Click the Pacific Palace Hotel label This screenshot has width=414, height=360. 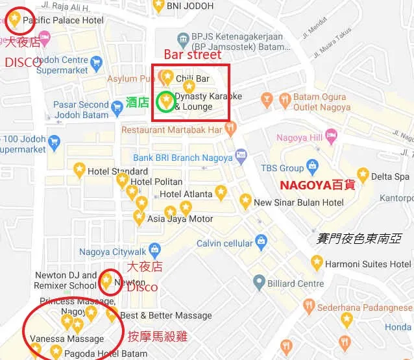pyautogui.click(x=63, y=21)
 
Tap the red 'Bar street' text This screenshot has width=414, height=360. pyautogui.click(x=192, y=54)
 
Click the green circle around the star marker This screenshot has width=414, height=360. pyautogui.click(x=167, y=101)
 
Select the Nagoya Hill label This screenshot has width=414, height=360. pyautogui.click(x=299, y=138)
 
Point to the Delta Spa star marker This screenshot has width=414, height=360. pyautogui.click(x=363, y=175)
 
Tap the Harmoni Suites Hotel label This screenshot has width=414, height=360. pyautogui.click(x=369, y=264)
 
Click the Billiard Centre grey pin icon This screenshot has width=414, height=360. pyautogui.click(x=258, y=283)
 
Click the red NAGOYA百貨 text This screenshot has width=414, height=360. pyautogui.click(x=317, y=185)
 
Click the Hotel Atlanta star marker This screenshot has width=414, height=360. pyautogui.click(x=221, y=192)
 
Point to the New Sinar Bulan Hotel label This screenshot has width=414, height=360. pyautogui.click(x=298, y=202)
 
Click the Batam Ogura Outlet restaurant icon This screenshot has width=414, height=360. pyautogui.click(x=284, y=99)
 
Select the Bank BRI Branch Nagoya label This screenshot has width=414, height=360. pyautogui.click(x=182, y=158)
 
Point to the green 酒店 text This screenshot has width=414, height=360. pyautogui.click(x=138, y=102)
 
